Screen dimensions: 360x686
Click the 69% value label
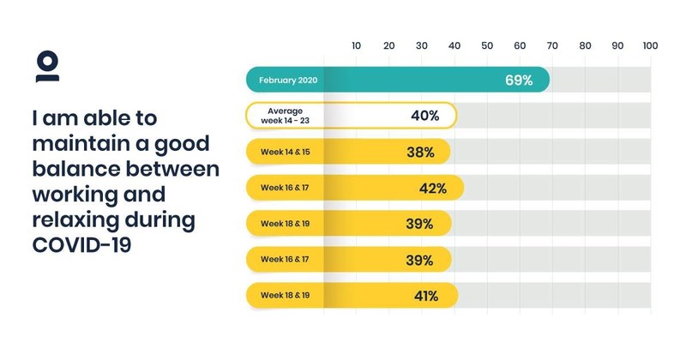pyautogui.click(x=519, y=81)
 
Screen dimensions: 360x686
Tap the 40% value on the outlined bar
pyautogui.click(x=425, y=116)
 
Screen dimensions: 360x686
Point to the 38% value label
pyautogui.click(x=420, y=152)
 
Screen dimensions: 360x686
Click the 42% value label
pyautogui.click(x=433, y=188)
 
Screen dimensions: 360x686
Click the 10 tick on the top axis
pyautogui.click(x=357, y=45)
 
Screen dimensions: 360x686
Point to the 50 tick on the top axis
pyautogui.click(x=487, y=45)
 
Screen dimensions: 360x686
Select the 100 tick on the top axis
pyautogui.click(x=649, y=45)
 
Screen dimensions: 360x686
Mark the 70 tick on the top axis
pyautogui.click(x=552, y=45)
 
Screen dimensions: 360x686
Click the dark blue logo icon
pyautogui.click(x=47, y=67)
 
